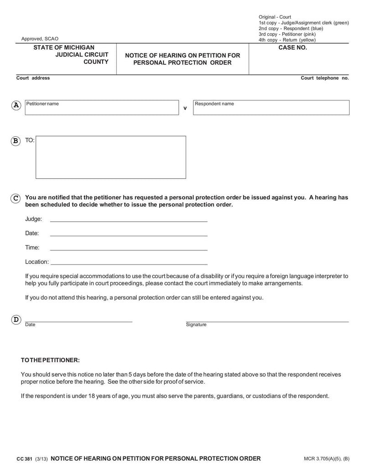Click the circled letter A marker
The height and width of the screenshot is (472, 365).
[x=16, y=105]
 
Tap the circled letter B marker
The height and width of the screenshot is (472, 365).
[x=16, y=140]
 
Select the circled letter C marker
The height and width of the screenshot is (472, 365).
[x=16, y=198]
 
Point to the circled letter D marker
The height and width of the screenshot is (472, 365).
[x=16, y=320]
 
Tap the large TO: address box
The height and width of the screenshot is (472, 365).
[x=111, y=157]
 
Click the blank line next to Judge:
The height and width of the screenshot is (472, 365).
[x=128, y=220]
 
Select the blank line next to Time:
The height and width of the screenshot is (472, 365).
[x=128, y=249]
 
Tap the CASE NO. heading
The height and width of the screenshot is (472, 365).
[x=292, y=47]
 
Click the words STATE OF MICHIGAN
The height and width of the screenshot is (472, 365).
[x=64, y=47]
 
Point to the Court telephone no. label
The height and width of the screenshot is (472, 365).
[x=324, y=78]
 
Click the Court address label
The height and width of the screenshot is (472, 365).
[x=33, y=78]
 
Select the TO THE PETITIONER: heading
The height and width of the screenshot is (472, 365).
[x=50, y=360]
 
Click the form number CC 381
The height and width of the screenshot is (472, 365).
[x=24, y=459]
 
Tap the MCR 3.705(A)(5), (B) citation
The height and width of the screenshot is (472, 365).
[x=326, y=459]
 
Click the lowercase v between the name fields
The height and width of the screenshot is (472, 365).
[x=185, y=109]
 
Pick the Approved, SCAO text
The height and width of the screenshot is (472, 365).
[x=40, y=39]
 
